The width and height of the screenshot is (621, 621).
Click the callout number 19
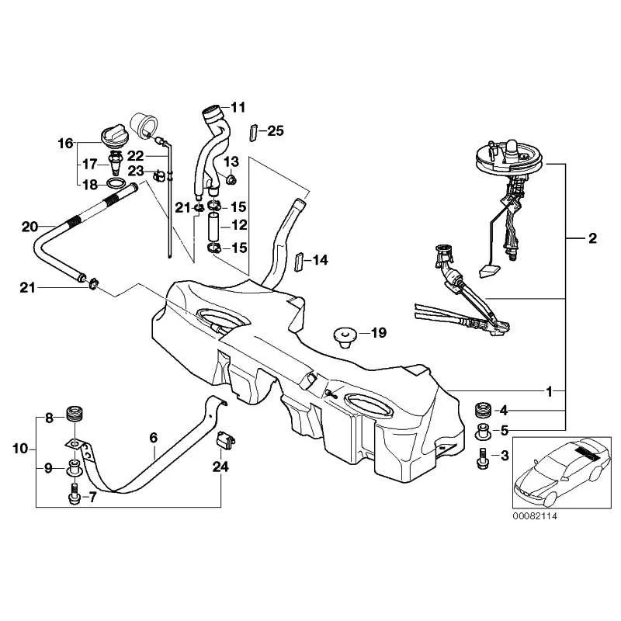tap(379, 333)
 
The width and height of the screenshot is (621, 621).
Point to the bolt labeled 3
tap(482, 458)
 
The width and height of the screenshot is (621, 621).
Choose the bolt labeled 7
tap(74, 493)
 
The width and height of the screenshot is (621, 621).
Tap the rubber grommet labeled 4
tap(483, 409)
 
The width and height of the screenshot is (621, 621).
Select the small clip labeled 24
tap(225, 439)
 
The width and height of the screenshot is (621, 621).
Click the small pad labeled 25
tap(254, 133)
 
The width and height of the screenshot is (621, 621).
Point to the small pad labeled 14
tap(298, 262)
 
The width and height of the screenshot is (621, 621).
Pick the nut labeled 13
tap(231, 180)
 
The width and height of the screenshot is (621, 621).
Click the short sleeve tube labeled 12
tap(214, 227)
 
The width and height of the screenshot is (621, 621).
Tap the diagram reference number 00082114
tap(535, 516)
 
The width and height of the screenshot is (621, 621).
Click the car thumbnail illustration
tap(561, 472)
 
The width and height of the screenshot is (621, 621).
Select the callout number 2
tap(592, 238)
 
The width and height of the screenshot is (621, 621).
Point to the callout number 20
tap(29, 227)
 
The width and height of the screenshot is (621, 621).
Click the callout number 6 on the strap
tap(153, 438)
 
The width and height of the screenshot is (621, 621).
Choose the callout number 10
tap(20, 449)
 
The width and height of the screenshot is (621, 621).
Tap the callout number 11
tap(238, 107)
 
